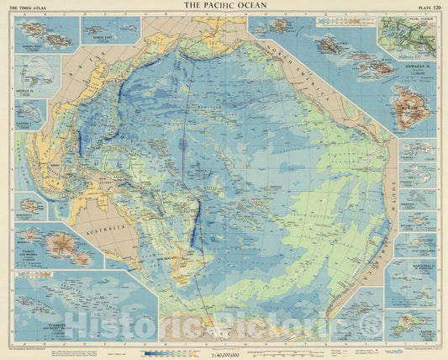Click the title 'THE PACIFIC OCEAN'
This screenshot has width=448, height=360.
223,7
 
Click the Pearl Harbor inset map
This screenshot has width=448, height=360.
405,39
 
